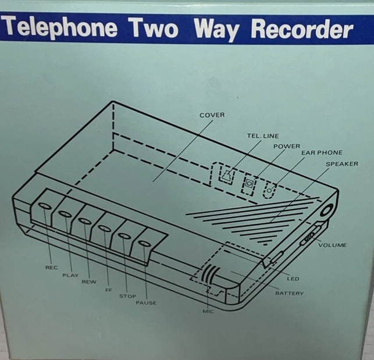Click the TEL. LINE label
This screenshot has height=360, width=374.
pos(263,136)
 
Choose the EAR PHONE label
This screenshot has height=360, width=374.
pos(322,153)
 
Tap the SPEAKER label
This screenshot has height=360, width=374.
pos(341,164)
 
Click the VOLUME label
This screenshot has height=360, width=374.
pos(332,245)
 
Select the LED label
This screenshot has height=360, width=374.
pos(293,279)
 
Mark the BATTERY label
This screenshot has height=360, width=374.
pos(289,293)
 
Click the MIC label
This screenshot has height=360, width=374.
pos(208,312)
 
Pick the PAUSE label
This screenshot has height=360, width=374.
pos(145,303)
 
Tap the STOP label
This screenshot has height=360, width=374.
pos(127,296)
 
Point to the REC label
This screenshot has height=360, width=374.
pos(51,268)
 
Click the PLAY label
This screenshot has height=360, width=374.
pos(70,275)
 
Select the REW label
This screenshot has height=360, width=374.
pos(88,281)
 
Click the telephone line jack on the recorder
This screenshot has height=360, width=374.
pos(225,174)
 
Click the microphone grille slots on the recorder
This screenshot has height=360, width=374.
pos(211,275)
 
